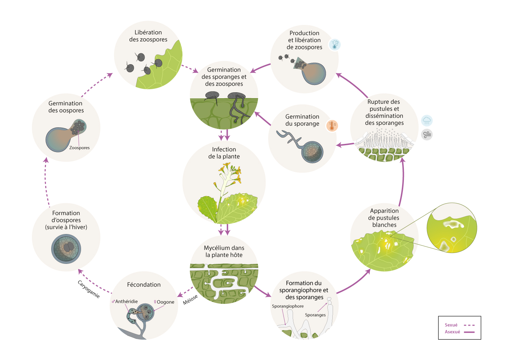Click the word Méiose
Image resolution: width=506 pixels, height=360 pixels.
(191, 300)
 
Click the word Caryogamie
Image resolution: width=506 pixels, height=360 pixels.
(89, 289)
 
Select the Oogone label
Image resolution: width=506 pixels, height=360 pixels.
(164, 302)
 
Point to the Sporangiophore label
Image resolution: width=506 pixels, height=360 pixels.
(288, 306)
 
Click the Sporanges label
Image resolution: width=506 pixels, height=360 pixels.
(315, 315)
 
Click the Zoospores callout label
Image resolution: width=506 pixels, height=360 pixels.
(79, 148)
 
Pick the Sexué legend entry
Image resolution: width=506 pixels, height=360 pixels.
(451, 325)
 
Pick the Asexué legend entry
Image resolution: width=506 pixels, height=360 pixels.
(452, 332)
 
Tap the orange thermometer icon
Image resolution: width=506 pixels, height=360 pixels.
(332, 126)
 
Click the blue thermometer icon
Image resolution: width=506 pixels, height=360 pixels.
(335, 45)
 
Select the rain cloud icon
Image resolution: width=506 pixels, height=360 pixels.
(427, 121)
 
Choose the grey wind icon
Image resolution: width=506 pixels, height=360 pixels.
(427, 134)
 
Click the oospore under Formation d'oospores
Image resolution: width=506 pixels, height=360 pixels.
(66, 249)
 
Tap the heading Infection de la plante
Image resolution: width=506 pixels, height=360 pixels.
(224, 153)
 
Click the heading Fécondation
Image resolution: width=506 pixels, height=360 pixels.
(144, 285)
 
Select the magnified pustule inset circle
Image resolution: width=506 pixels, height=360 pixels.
(452, 228)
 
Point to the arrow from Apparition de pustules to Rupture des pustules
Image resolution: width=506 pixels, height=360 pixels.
(402, 182)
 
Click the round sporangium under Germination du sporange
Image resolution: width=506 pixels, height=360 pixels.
(313, 152)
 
